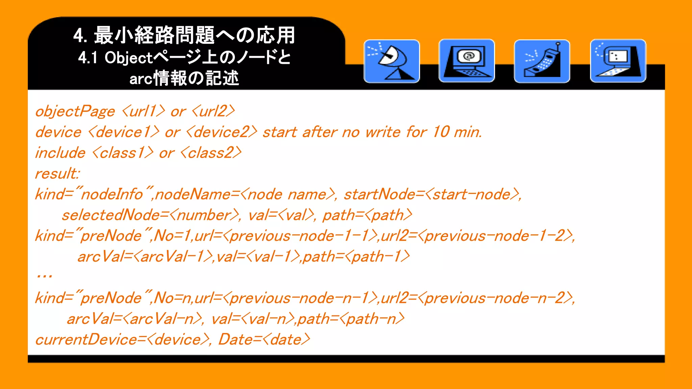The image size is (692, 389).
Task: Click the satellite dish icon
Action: coord(392,61)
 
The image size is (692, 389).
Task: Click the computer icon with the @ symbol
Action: coord(467,61)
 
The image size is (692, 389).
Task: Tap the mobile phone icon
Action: coord(542,61)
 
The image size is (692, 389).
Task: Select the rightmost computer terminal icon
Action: coord(618,61)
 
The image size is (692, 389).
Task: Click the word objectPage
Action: coord(75,111)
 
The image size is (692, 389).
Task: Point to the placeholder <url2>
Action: coord(213,111)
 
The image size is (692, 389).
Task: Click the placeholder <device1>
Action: coord(124,132)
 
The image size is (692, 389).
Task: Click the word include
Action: coord(60,153)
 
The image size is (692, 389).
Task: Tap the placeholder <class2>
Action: coord(211,153)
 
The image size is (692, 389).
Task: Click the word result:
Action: coord(57,174)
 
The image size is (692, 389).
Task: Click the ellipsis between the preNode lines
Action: coord(44,277)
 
